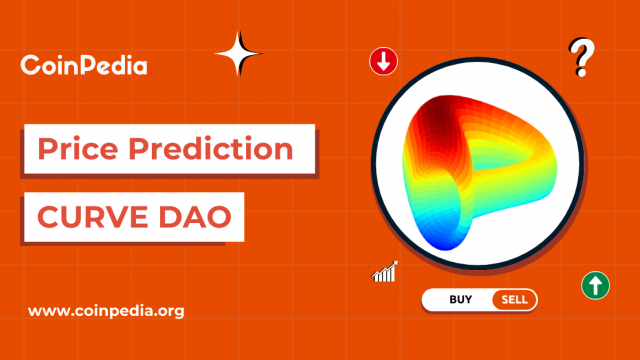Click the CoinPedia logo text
(x=84, y=67)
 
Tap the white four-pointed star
(x=238, y=54)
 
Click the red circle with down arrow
(x=384, y=61)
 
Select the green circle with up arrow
(x=596, y=285)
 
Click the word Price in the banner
(x=74, y=151)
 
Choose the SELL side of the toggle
(x=514, y=299)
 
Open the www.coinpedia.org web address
(x=106, y=311)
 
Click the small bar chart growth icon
(x=385, y=271)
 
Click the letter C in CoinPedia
(x=30, y=67)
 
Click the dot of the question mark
(x=579, y=75)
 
